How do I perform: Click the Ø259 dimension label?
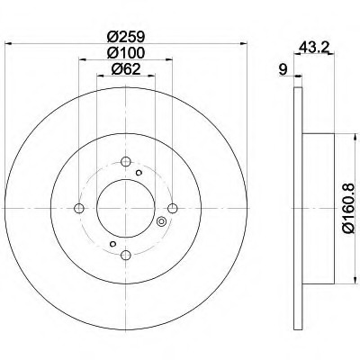(126, 37)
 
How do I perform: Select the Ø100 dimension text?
(126, 53)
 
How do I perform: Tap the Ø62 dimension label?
(126, 69)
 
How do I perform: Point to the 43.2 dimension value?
(314, 47)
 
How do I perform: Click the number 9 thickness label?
(283, 70)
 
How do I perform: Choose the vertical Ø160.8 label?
(349, 208)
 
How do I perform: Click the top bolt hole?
(126, 161)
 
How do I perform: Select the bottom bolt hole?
(126, 255)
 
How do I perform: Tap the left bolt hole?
(79, 208)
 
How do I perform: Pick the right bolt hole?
(173, 208)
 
